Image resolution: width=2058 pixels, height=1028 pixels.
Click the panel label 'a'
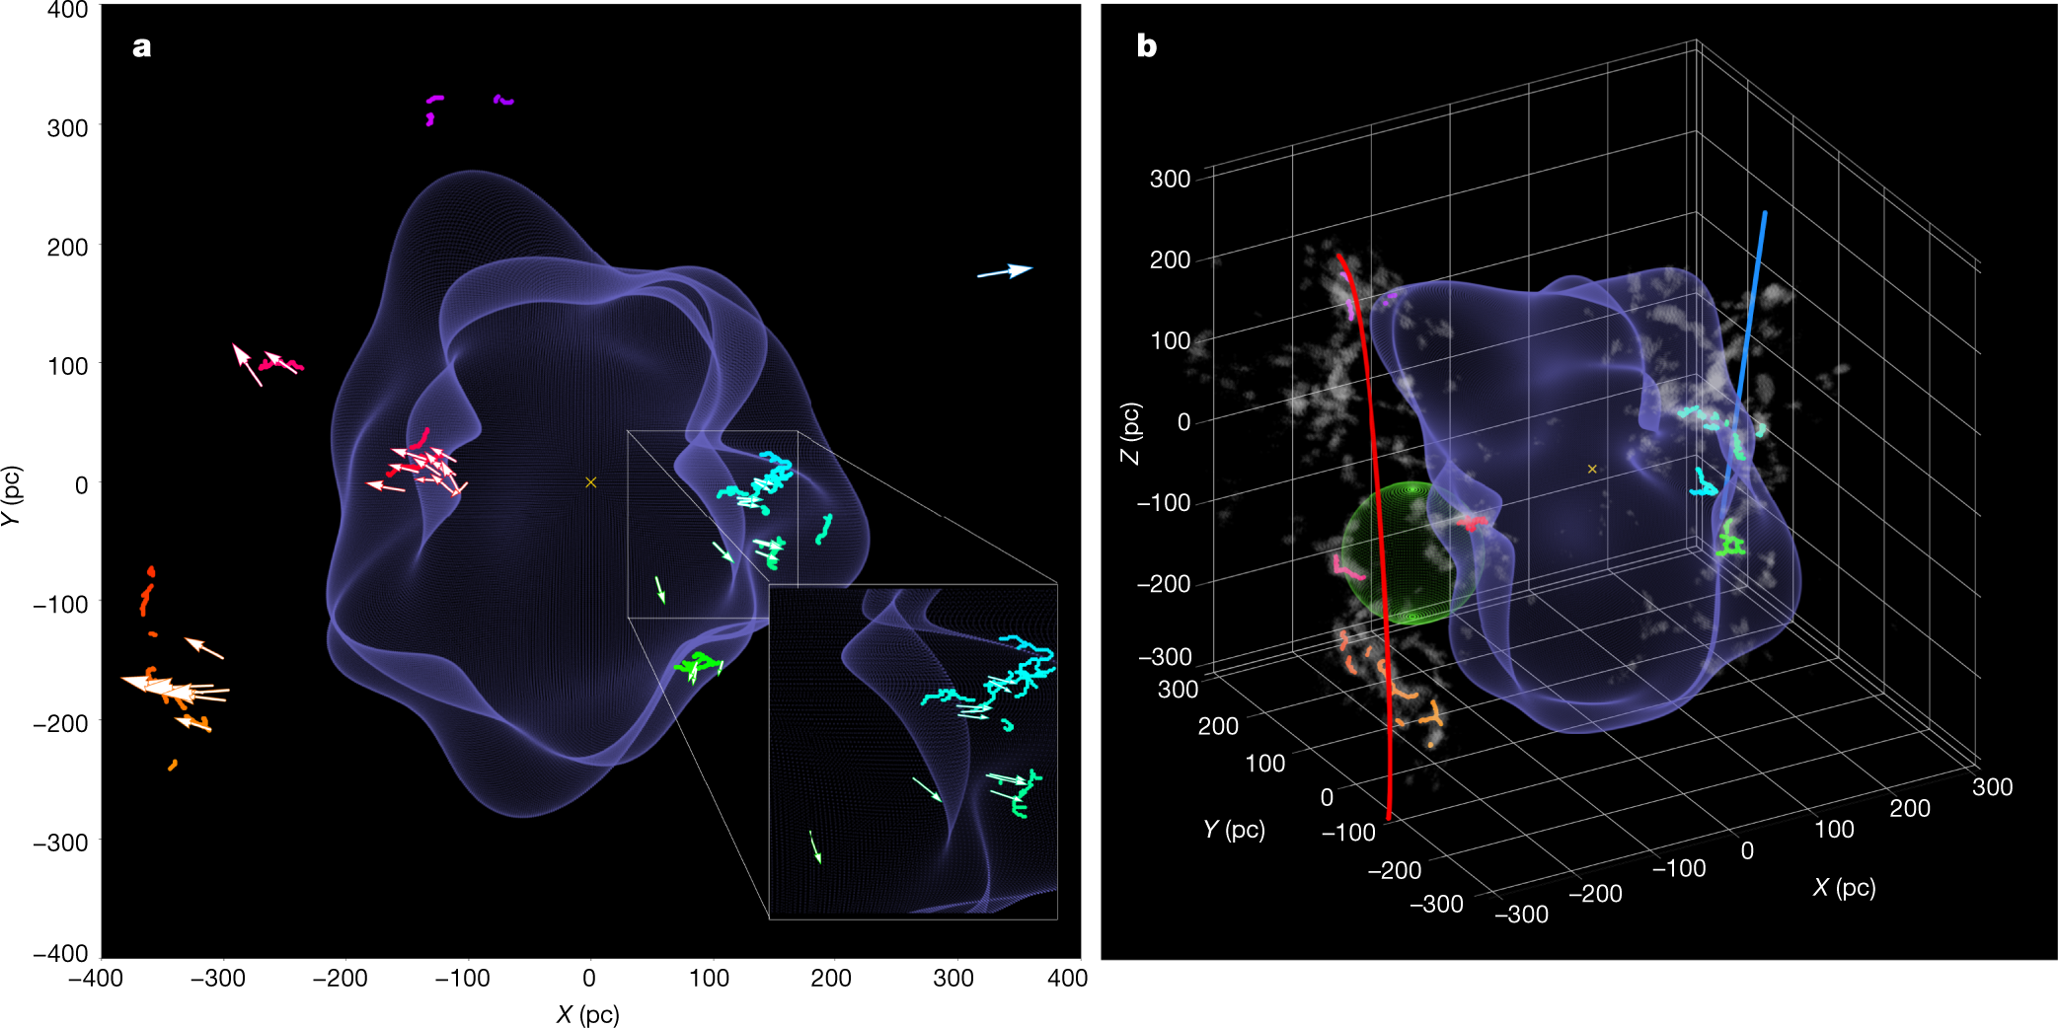[x=142, y=47]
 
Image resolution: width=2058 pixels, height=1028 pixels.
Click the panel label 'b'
[x=1146, y=46]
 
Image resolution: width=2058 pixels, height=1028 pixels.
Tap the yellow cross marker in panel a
[x=590, y=482]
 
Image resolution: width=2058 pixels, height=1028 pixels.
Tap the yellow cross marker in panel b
[x=1592, y=470]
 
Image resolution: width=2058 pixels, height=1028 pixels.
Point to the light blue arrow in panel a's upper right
[x=1005, y=271]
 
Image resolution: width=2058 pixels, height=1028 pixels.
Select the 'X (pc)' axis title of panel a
[x=587, y=1014]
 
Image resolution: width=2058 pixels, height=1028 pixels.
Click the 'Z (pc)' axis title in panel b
[x=1130, y=432]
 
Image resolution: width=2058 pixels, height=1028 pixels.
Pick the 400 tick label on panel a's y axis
[x=67, y=11]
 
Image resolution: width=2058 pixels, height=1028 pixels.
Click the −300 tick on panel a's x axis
[x=217, y=979]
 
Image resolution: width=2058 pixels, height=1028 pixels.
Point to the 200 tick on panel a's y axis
[x=67, y=247]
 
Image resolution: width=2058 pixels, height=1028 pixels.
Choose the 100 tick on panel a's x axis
[x=709, y=979]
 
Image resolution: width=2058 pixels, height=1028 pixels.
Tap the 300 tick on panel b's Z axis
[x=1170, y=179]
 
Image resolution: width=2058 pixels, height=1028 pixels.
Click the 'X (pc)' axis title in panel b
[x=1844, y=887]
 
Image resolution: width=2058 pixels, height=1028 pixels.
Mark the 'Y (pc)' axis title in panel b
[x=1234, y=829]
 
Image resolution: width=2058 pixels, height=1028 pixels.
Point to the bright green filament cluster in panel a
[x=699, y=663]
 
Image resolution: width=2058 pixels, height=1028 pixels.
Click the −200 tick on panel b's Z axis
[x=1164, y=583]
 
